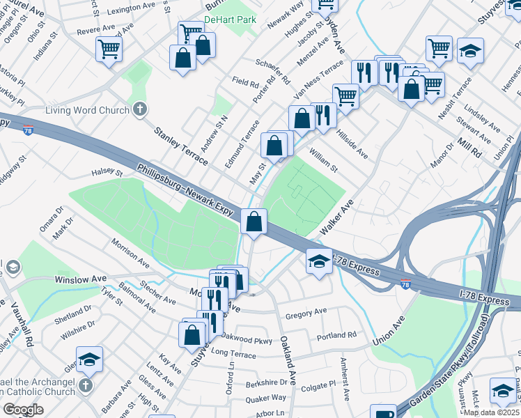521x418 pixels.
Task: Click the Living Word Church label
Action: [87, 110]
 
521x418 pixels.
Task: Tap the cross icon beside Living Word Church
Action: [140, 109]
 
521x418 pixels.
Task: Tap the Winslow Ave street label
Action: [81, 279]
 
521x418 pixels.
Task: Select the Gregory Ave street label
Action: [306, 311]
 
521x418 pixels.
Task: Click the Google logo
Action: [23, 410]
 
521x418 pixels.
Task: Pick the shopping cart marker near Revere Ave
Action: [109, 49]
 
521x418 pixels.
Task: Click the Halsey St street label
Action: [107, 172]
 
